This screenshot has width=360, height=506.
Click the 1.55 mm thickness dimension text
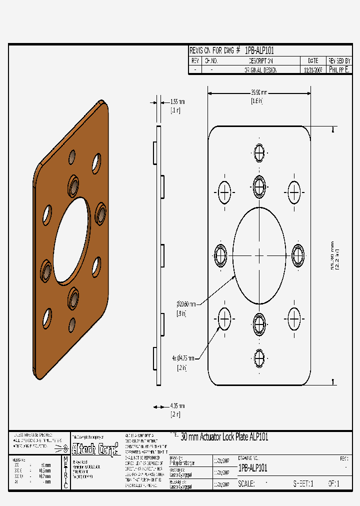pyautogui.click(x=177, y=101)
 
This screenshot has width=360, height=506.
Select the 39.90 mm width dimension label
pyautogui.click(x=258, y=92)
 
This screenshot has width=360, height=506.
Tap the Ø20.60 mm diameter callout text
pyautogui.click(x=187, y=303)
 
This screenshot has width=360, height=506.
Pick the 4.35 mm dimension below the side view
pyautogui.click(x=177, y=406)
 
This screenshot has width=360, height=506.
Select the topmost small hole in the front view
pyautogui.click(x=259, y=152)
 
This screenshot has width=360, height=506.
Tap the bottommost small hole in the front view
pyautogui.click(x=259, y=357)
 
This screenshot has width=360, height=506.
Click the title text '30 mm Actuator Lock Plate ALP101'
pyautogui.click(x=224, y=437)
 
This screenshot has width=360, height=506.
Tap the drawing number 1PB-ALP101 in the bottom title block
pyautogui.click(x=253, y=468)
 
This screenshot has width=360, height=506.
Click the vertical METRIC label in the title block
pyautogui.click(x=65, y=472)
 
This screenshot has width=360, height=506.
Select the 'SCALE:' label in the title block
pyautogui.click(x=246, y=484)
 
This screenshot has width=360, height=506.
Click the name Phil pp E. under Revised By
pyautogui.click(x=339, y=70)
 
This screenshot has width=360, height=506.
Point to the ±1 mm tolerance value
pyautogui.click(x=45, y=464)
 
